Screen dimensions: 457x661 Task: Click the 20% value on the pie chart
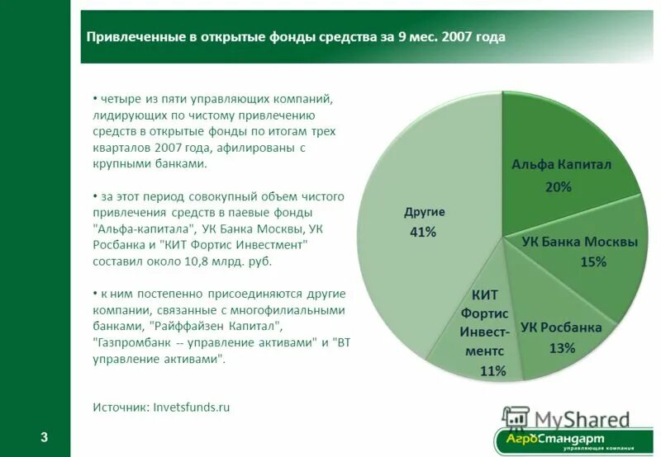point(558,187)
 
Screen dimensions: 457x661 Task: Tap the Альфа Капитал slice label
point(560,165)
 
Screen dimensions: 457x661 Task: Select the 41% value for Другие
point(422,233)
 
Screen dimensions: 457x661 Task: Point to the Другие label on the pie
point(424,212)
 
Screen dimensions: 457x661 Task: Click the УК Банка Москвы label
point(579,242)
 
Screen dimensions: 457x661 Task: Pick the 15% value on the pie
point(592,262)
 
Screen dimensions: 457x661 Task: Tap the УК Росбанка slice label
point(561,327)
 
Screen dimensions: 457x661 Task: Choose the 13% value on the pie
point(562,348)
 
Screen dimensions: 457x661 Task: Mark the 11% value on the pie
point(492,371)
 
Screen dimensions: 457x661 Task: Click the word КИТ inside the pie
point(484,294)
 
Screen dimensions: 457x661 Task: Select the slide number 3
point(45,437)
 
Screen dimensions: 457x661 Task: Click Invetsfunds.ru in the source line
point(192,407)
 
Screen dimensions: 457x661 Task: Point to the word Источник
point(121,407)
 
